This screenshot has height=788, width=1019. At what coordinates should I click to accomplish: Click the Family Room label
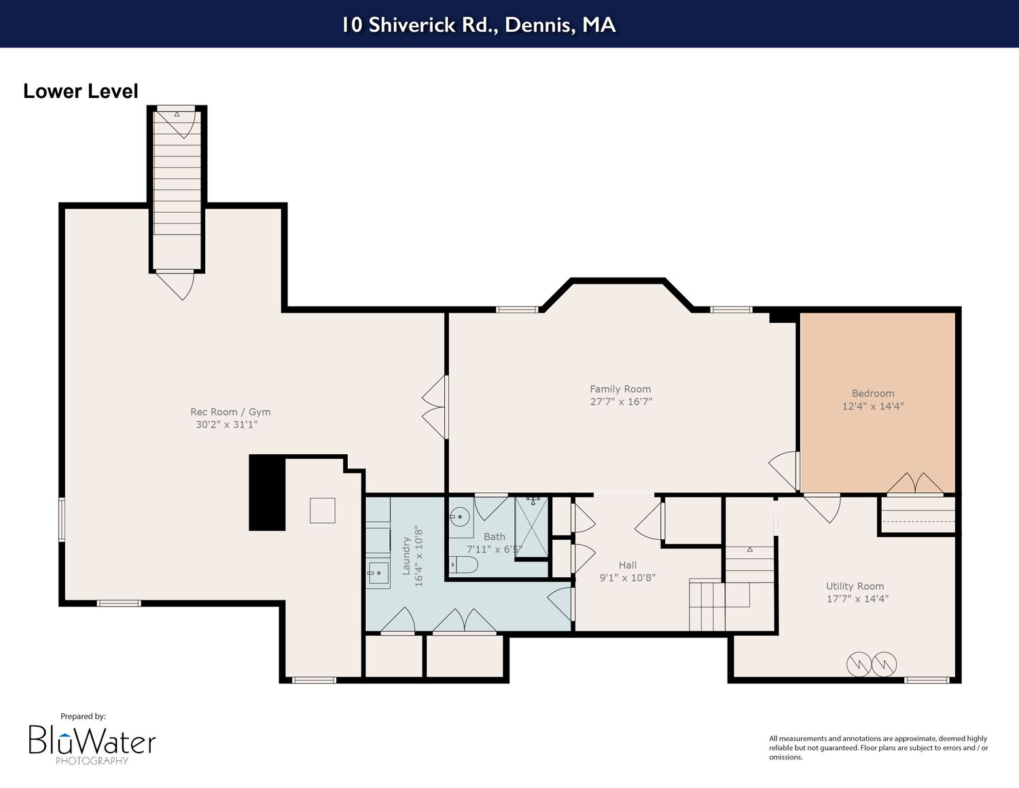[620, 389]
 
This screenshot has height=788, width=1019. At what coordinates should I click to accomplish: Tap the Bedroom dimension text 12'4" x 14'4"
[873, 406]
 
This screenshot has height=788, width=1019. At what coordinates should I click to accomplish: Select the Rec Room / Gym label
[230, 411]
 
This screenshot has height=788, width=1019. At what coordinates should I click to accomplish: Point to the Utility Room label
[855, 586]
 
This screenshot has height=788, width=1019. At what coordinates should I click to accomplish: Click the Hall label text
[628, 565]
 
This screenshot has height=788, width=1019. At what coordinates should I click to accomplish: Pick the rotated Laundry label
[406, 555]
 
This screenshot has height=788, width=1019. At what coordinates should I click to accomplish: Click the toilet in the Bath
[464, 564]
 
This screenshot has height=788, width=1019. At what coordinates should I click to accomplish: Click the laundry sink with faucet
[378, 573]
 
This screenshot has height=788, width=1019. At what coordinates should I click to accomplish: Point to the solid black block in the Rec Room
[267, 493]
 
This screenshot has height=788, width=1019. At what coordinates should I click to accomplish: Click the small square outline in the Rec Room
[322, 511]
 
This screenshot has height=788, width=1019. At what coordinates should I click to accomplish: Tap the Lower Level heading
[81, 91]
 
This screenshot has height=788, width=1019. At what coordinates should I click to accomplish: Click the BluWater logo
[92, 744]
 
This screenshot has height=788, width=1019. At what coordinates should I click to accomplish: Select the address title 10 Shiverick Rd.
[478, 24]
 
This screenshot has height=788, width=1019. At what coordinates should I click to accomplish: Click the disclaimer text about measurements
[878, 748]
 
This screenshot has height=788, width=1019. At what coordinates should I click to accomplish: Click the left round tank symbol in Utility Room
[859, 664]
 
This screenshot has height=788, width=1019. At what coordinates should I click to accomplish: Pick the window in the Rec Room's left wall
[61, 520]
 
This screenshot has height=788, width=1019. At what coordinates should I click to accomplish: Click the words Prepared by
[83, 716]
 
